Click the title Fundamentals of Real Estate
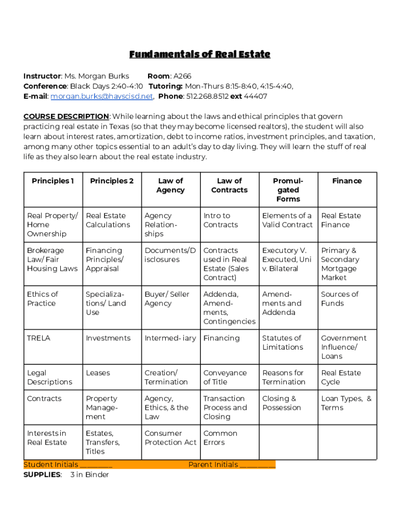point(199,55)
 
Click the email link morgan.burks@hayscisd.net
point(101,96)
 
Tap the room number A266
point(182,76)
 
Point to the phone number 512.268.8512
point(207,96)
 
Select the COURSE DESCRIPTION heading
point(66,116)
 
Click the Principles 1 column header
point(53,181)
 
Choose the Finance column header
point(347,181)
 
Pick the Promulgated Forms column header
point(288,190)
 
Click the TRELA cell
point(39,338)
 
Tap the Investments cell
point(108,338)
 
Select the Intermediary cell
point(170,338)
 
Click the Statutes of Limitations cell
point(283,342)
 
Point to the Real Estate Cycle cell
point(341,377)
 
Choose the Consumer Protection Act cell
point(170,438)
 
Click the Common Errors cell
point(220,438)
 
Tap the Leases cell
point(98,373)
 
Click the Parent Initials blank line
point(258,465)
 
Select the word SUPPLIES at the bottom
point(42,474)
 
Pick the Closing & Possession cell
point(282,403)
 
